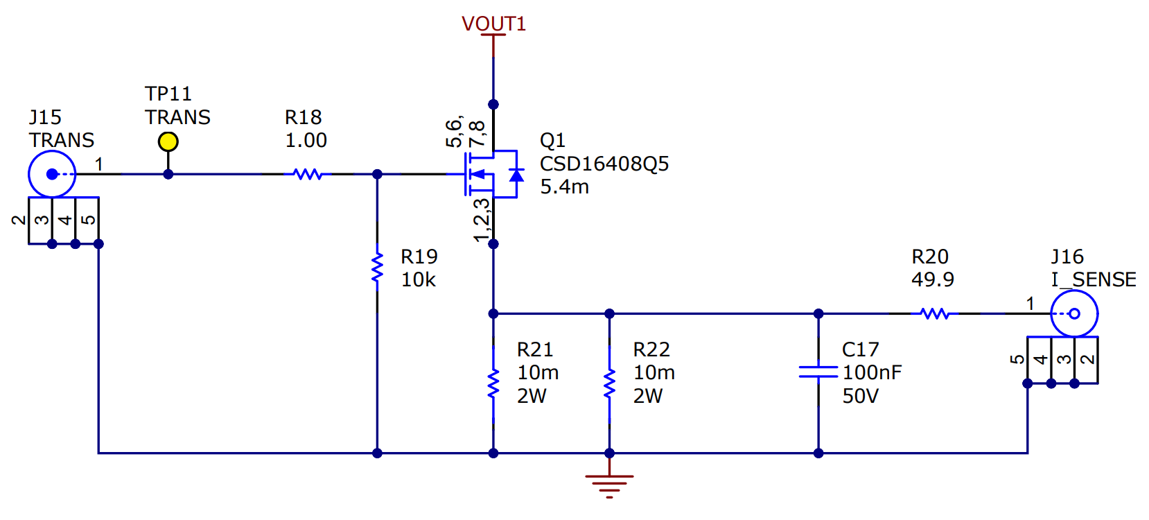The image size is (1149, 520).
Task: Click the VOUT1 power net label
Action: coord(493,24)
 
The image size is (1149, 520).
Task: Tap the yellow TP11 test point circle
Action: coord(168,141)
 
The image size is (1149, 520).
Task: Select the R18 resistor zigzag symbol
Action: coord(308,174)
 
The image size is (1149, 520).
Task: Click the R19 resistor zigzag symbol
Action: coord(377,268)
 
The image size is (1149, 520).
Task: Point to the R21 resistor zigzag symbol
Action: coord(493,384)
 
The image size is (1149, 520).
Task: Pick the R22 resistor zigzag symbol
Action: coord(609,384)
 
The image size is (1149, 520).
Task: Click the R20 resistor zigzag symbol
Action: coord(935,314)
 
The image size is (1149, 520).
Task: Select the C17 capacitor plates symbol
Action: coord(818,372)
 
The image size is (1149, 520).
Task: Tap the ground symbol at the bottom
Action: coord(609,485)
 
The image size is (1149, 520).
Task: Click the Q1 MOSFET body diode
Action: coord(516,174)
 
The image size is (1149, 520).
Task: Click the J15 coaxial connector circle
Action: coord(52,174)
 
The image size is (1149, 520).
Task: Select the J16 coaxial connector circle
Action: coord(1074,314)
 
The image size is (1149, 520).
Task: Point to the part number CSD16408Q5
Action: coord(604,164)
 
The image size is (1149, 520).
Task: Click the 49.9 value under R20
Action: coord(932,279)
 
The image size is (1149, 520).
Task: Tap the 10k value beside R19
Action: coord(419,279)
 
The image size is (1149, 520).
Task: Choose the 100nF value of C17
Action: coord(872,372)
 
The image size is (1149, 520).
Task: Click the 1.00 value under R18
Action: coord(306,140)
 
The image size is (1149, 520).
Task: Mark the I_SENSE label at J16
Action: coord(1093,279)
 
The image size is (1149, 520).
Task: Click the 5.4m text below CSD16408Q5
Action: coord(564,187)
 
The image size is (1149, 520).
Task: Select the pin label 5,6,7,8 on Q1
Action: coord(465,132)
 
